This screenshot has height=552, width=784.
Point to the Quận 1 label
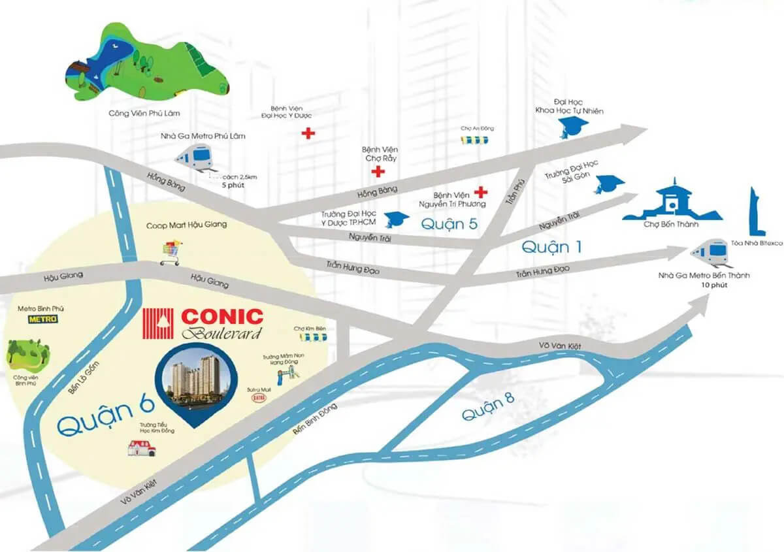click(551, 246)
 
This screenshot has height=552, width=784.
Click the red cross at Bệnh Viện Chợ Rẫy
click(376, 172)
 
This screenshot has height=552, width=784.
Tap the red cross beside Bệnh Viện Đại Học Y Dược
click(308, 134)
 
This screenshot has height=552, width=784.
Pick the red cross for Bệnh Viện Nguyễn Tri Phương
click(482, 192)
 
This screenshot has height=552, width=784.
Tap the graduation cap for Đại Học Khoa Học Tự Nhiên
click(569, 129)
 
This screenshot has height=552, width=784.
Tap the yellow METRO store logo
click(42, 319)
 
